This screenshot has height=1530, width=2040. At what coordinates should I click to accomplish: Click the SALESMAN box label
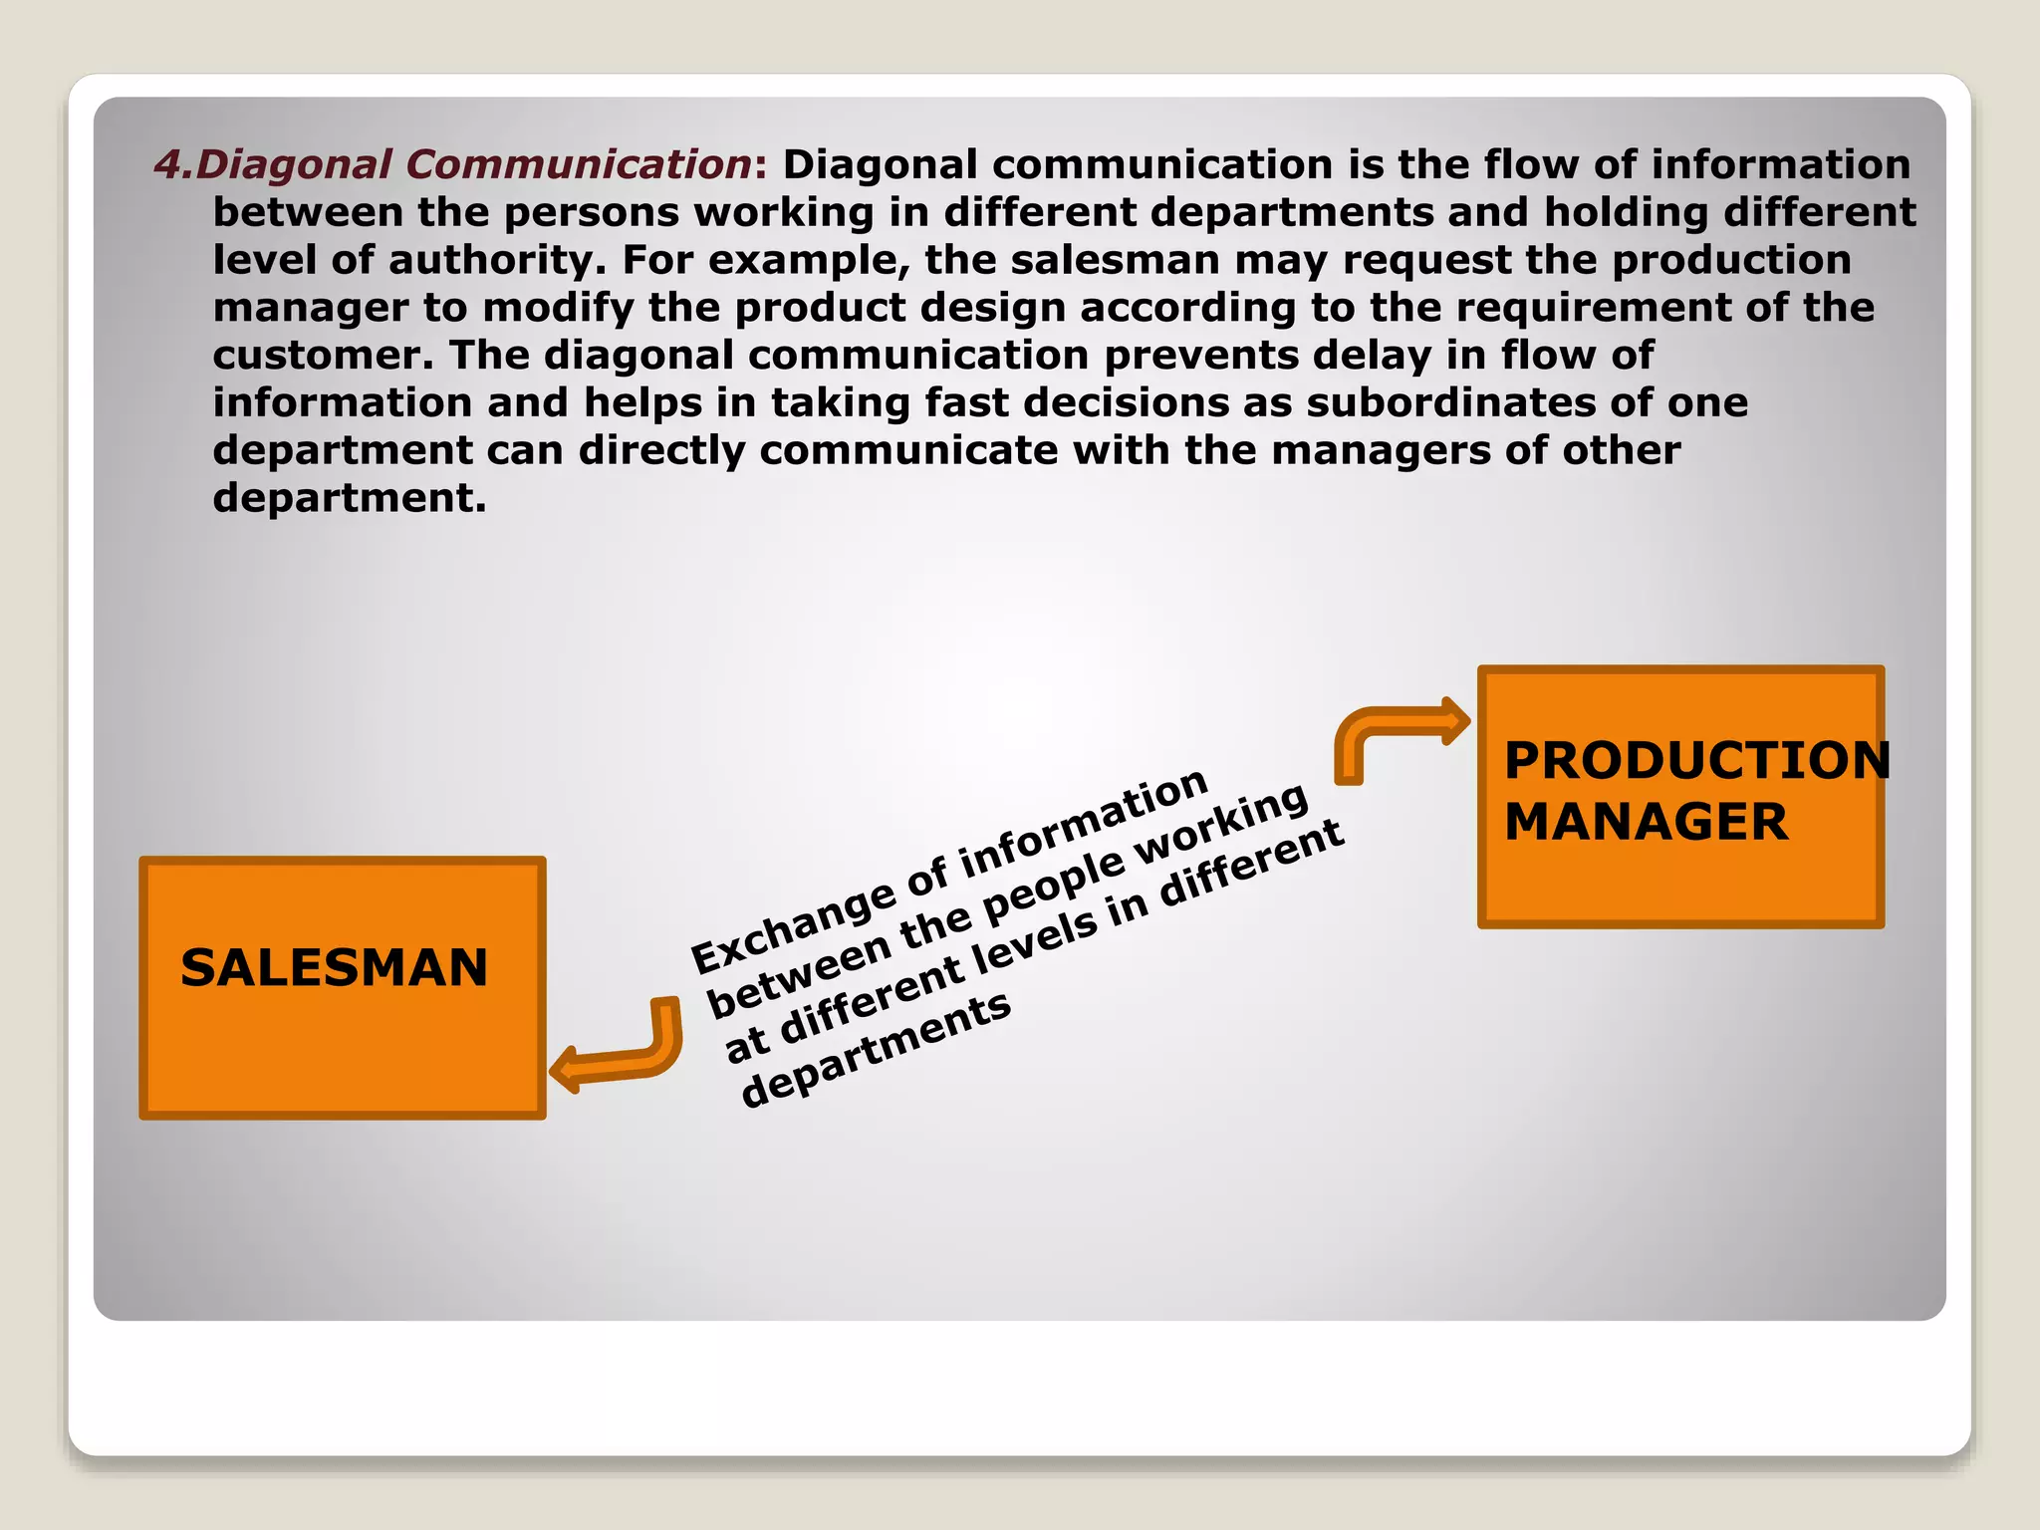pos(334,968)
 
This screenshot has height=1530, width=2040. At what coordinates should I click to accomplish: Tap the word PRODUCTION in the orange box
pos(1696,761)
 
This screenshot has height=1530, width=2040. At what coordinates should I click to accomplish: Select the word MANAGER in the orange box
pos(1646,823)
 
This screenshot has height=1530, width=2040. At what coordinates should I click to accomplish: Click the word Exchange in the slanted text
pos(793,926)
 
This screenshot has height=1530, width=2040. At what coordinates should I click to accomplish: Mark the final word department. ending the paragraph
pos(349,498)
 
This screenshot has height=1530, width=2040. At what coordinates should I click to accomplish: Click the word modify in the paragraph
pos(559,308)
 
